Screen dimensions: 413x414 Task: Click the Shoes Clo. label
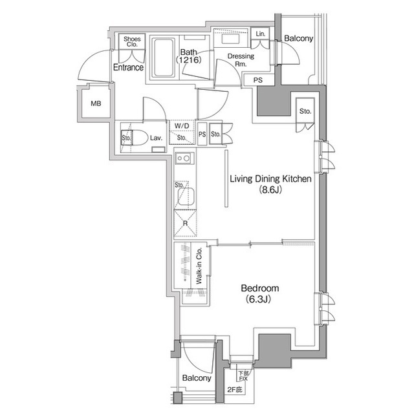[x=132, y=42]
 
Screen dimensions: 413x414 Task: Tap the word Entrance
[x=128, y=67]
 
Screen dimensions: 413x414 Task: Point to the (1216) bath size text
[x=190, y=60]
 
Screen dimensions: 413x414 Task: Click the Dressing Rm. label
[x=241, y=60]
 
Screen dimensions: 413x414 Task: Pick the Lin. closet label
[x=261, y=34]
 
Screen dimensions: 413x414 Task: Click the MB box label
[x=96, y=103]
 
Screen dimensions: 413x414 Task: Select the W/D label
[x=182, y=126]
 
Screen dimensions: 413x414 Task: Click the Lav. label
[x=156, y=138]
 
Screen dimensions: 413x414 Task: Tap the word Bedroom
[x=259, y=288]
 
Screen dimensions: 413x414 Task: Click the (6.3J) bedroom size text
[x=259, y=299]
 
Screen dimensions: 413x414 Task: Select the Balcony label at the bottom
[x=196, y=378]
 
